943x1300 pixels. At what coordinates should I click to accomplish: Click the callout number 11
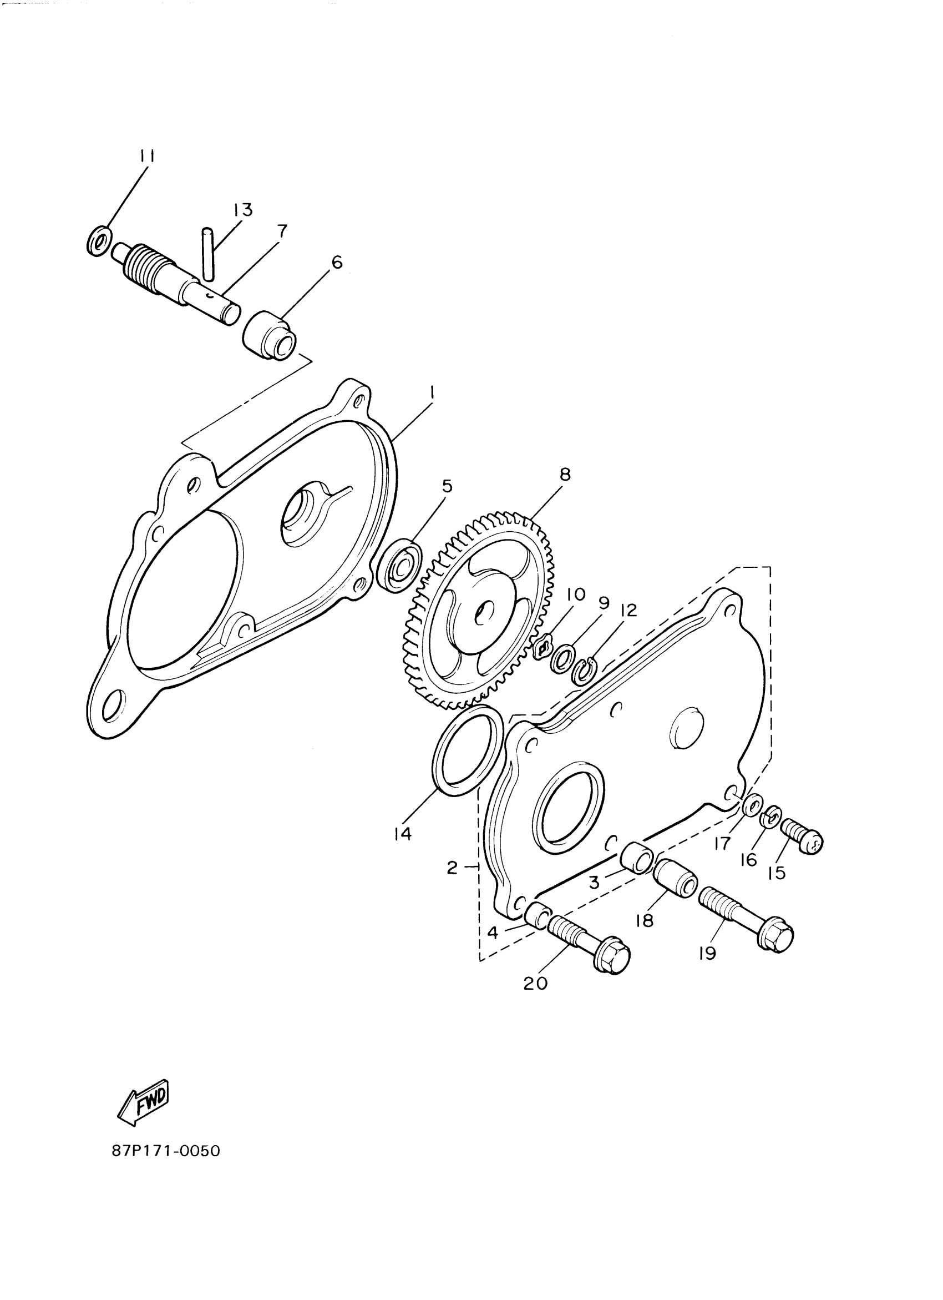[x=147, y=156]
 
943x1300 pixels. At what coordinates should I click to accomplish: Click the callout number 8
[x=565, y=475]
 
